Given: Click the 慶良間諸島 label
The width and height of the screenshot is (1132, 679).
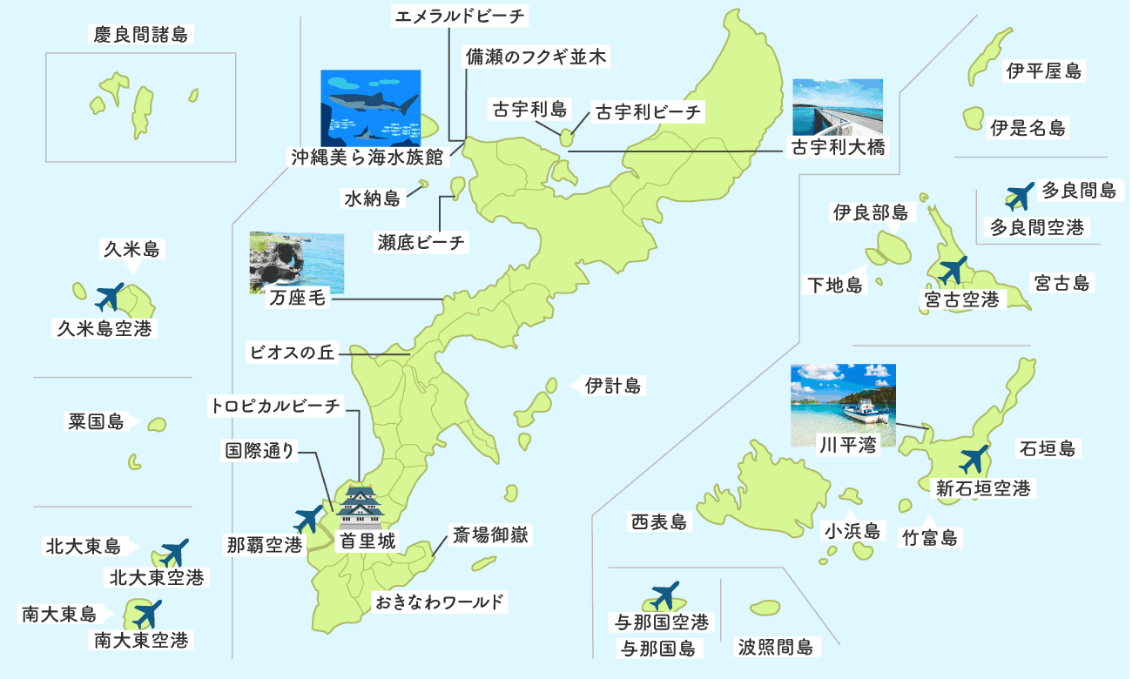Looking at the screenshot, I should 140,35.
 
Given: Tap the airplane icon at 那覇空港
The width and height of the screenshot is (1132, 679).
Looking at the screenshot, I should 310,519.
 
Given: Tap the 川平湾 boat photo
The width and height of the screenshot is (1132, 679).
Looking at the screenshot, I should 842,402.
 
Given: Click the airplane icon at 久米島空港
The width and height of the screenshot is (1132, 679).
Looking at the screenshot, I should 110,297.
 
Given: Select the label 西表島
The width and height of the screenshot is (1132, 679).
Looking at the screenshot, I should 659,522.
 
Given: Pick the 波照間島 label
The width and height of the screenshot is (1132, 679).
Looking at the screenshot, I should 775,647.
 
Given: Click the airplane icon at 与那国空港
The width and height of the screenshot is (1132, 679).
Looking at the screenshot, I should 664,596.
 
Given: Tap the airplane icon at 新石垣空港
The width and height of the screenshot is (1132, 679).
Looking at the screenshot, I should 974,459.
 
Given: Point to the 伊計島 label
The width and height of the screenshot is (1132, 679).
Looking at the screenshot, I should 613,385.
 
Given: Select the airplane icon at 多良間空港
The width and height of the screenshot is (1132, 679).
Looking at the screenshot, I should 1019,197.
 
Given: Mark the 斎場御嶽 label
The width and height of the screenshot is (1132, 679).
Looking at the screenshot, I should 490,534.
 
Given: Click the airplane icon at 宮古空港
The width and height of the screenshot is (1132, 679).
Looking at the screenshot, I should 953,271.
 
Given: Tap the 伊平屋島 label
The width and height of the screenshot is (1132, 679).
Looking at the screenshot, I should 1044,72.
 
